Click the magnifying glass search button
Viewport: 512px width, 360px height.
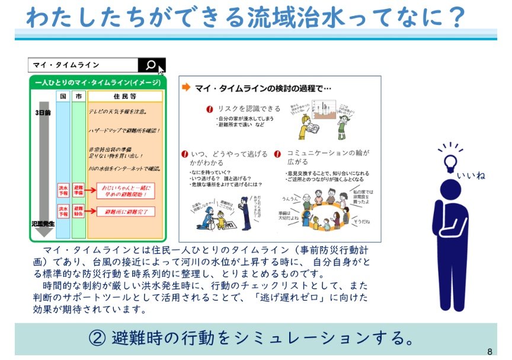[x=151, y=65]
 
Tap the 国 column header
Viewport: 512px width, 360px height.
[x=63, y=96]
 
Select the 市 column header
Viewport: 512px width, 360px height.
[x=79, y=96]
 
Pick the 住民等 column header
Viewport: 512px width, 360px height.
[x=124, y=96]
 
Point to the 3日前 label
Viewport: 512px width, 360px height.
[x=43, y=112]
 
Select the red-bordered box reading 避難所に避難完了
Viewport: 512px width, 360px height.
[x=130, y=211]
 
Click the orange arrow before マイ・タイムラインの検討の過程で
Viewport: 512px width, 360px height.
[x=186, y=88]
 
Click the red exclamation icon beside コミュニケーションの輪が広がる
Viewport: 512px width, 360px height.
[x=277, y=153]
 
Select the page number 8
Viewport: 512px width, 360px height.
[x=489, y=351]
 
